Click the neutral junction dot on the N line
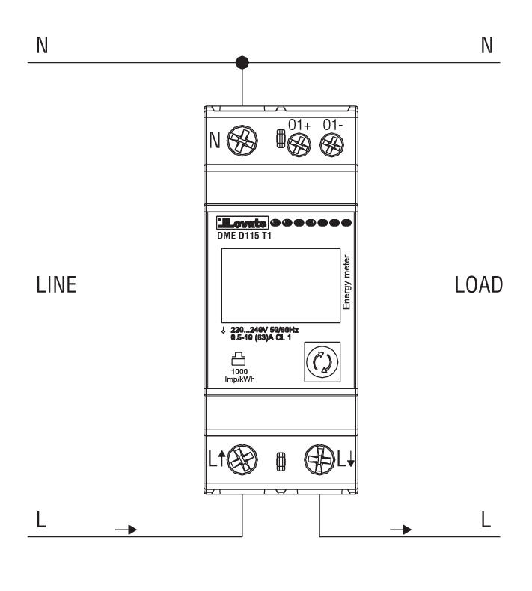click(242, 62)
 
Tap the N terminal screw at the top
click(241, 140)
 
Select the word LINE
click(56, 285)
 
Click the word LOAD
click(479, 285)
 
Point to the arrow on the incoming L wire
click(127, 530)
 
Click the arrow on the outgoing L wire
click(403, 530)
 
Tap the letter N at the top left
click(42, 46)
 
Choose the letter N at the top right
click(487, 46)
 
